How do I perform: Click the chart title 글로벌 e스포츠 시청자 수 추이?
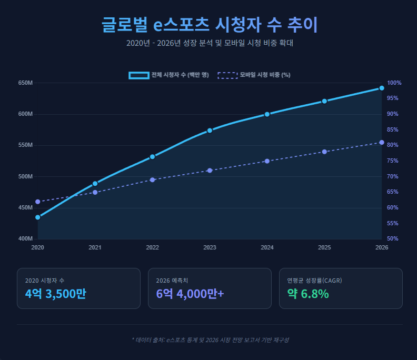(x=209, y=25)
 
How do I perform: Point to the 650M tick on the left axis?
(x=25, y=83)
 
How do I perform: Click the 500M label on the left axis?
(x=25, y=176)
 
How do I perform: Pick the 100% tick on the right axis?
(x=394, y=83)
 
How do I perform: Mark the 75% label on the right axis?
(x=394, y=161)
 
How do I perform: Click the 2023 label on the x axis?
(x=210, y=247)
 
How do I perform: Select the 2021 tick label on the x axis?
(x=95, y=247)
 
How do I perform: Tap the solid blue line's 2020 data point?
(x=38, y=217)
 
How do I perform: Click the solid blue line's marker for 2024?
(x=267, y=114)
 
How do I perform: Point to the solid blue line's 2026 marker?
(x=382, y=88)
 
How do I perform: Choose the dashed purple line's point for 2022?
(x=152, y=180)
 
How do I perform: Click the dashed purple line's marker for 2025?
(x=324, y=152)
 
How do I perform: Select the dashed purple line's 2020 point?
(x=38, y=202)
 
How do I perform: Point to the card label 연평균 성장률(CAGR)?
(x=314, y=281)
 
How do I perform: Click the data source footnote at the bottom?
(x=210, y=340)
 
